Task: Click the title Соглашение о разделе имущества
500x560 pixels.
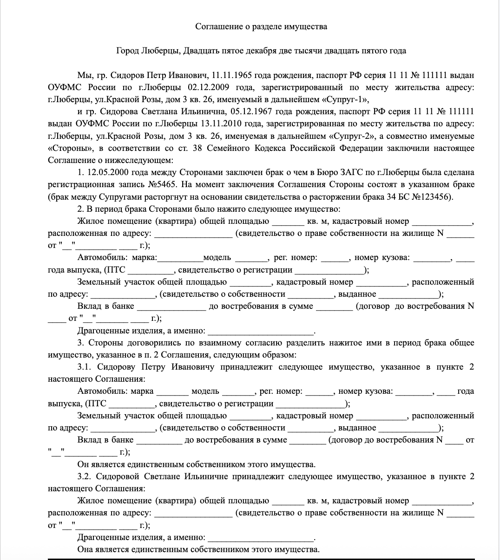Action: [261, 26]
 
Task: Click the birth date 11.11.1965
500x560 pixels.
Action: [231, 75]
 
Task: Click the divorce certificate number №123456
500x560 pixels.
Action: [436, 197]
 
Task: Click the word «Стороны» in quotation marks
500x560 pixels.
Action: [70, 149]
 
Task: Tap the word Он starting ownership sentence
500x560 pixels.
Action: [83, 464]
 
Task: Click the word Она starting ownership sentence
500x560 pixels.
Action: [85, 550]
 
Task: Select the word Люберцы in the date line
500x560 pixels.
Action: [159, 51]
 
